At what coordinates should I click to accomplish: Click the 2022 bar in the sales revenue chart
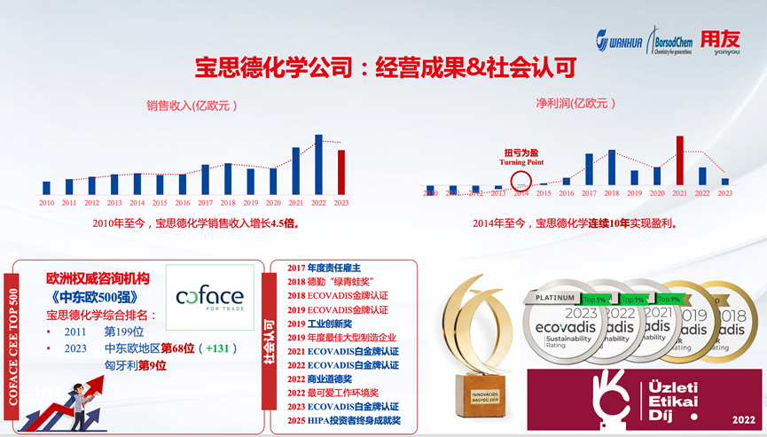[x=318, y=164]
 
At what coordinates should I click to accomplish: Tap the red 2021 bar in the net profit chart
[x=680, y=160]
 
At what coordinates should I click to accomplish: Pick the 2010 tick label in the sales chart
[x=46, y=203]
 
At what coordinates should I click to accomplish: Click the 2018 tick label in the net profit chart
[x=612, y=192]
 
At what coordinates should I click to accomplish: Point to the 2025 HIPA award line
[x=343, y=420]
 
